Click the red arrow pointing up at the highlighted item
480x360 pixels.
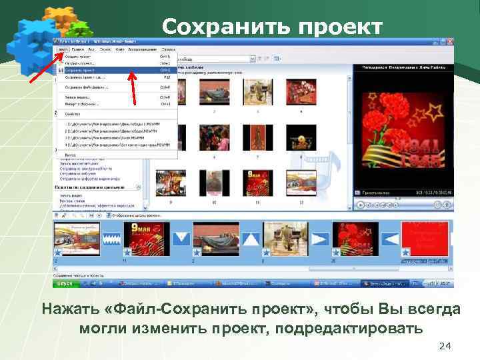(x=134, y=87)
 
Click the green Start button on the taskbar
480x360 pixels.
(x=66, y=283)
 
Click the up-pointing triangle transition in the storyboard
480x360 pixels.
(x=251, y=238)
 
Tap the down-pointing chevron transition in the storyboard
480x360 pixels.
(x=181, y=238)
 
